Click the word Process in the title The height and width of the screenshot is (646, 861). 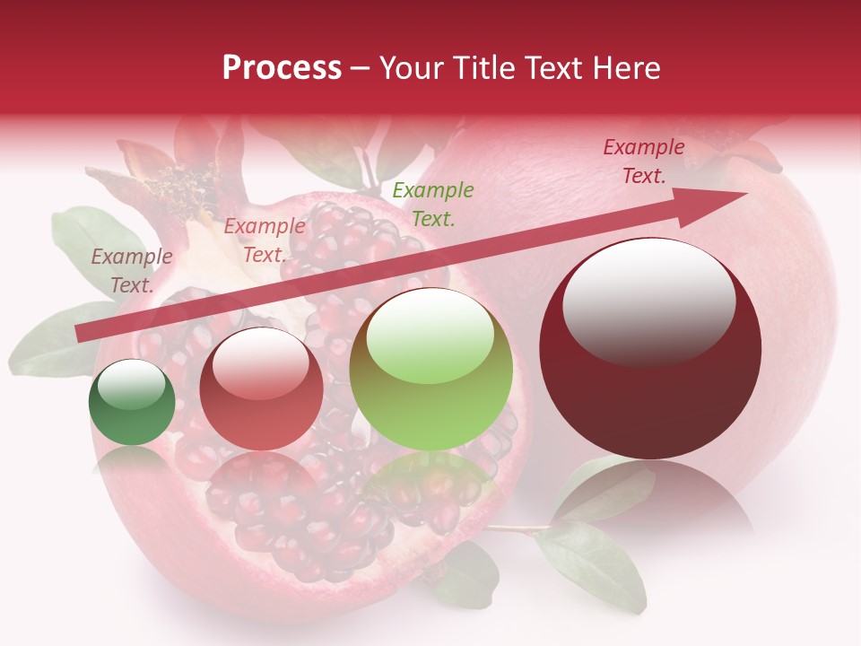282,68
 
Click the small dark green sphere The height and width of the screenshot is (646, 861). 132,402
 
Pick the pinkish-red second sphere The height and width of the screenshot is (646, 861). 261,388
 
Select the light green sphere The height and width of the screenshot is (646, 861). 430,369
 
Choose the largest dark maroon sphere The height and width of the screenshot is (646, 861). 650,348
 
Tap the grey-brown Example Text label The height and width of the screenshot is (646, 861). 131,271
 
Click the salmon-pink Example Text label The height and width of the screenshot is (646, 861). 264,240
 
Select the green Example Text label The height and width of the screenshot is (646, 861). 433,204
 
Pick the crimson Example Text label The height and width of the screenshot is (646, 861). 644,161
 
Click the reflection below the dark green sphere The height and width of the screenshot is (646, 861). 132,459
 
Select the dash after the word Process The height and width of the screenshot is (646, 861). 361,68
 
